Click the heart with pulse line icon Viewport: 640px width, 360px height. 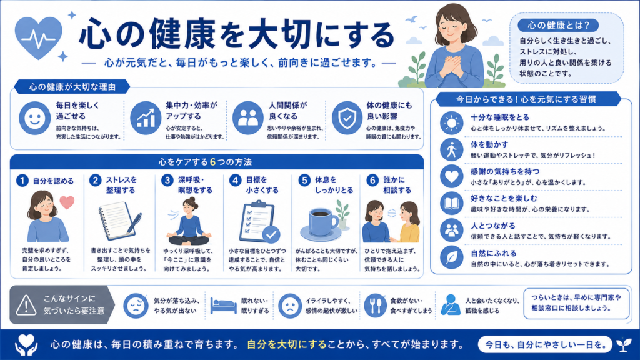tap(38, 37)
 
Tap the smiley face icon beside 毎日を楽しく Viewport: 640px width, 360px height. tap(35, 118)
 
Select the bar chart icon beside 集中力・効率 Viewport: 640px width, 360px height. tap(146, 118)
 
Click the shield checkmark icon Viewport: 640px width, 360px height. tap(347, 118)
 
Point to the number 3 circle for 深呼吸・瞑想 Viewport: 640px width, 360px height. tap(167, 180)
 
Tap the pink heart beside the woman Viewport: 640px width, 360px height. tap(67, 202)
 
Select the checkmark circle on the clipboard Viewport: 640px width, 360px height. tap(271, 234)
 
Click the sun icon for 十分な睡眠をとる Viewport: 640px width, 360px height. tap(451, 123)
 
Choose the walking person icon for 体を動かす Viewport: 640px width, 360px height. tap(451, 150)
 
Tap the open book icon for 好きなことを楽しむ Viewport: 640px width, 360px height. tap(451, 203)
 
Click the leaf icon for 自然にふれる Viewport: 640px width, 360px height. tap(451, 257)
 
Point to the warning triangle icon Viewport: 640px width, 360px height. tap(26, 305)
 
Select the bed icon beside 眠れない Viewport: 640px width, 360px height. tap(223, 305)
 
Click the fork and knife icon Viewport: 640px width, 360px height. tap(375, 305)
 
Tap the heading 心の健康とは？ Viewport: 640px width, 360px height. tap(558, 25)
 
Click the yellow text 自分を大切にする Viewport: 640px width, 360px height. tap(287, 344)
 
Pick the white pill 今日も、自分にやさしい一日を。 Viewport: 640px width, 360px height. tap(545, 345)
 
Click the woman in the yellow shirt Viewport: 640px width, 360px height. tap(407, 222)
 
